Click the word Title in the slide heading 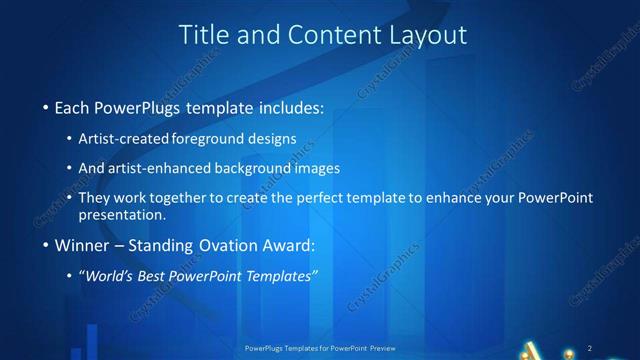pos(201,35)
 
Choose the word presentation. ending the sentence pos(122,214)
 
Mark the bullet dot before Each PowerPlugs pos(45,107)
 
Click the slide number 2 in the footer pos(590,347)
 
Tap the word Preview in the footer pos(377,347)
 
